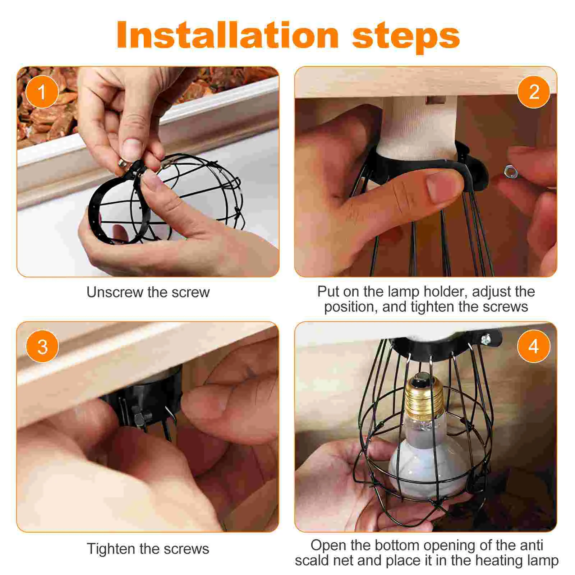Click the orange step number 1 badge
(x=42, y=92)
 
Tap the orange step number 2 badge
(x=534, y=92)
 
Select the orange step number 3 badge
(x=42, y=346)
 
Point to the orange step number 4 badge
(x=534, y=346)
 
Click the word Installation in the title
(x=227, y=35)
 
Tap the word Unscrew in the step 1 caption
(x=115, y=292)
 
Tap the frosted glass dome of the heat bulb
(x=428, y=467)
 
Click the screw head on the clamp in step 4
(x=486, y=338)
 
